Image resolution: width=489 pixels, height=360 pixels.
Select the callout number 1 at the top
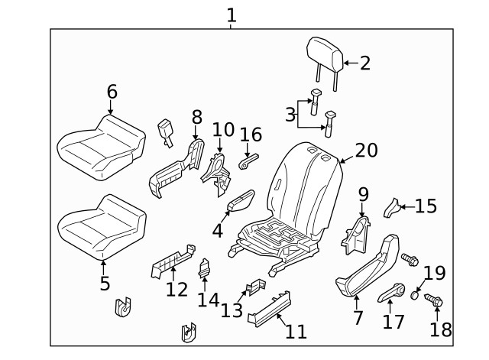point(232,15)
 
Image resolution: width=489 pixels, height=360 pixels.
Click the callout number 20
point(366,150)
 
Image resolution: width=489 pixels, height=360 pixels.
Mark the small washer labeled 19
point(414,293)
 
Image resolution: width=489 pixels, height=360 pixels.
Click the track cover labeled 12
point(172,263)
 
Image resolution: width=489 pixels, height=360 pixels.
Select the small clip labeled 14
point(205,268)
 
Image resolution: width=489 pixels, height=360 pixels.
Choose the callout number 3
point(290,115)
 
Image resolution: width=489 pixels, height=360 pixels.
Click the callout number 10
point(222,130)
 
